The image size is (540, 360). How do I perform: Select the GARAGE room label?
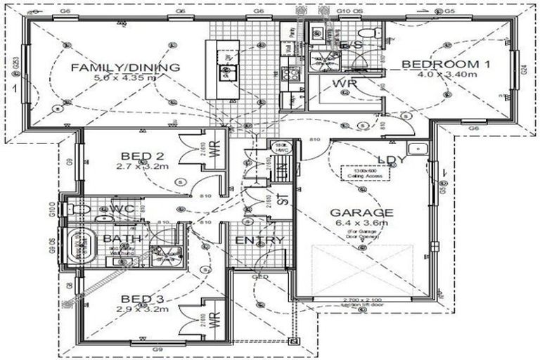(363, 212)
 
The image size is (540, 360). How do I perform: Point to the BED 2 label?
(142, 157)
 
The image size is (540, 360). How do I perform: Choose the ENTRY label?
(259, 240)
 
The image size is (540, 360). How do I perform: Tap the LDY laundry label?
(392, 160)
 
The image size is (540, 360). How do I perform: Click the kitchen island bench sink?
(226, 70)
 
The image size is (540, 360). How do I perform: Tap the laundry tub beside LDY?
(419, 149)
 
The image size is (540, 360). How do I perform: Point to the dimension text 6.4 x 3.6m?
(363, 223)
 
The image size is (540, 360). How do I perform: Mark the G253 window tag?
(15, 68)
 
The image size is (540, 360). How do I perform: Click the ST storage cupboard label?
(283, 198)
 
